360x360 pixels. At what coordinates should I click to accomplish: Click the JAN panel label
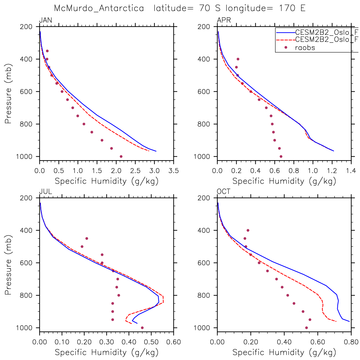point(45,21)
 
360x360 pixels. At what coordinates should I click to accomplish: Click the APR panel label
point(224,21)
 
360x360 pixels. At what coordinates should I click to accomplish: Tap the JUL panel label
point(45,192)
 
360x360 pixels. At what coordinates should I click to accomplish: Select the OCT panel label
point(224,192)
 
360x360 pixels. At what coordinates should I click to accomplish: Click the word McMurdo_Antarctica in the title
point(99,8)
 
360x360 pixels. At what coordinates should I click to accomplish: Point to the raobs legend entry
point(305,48)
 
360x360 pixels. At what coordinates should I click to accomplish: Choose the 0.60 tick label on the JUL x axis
point(173,343)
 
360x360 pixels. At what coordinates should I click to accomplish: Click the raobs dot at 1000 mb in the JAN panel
point(121,156)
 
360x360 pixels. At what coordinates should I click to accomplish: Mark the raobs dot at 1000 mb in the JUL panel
point(142,328)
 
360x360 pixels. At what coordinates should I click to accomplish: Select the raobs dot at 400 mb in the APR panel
point(238,59)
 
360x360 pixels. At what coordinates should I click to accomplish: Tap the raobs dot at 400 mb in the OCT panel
point(248,230)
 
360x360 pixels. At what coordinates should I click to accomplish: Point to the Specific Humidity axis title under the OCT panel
point(284,352)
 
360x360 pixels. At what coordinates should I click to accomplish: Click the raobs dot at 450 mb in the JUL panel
point(87,239)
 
